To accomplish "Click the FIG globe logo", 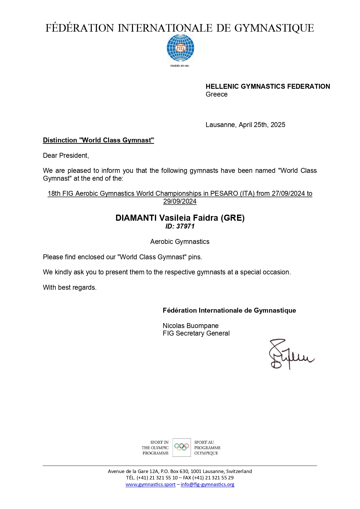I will click(180, 48).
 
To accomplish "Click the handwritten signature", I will click(290, 354).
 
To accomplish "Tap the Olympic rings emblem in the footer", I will click(182, 447).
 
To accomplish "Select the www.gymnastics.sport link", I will click(151, 484).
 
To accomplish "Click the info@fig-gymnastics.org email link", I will click(207, 484).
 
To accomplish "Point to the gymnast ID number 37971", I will click(185, 226).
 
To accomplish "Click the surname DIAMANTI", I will click(136, 218).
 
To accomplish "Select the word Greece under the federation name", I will click(216, 94).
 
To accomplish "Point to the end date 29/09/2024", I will click(180, 201).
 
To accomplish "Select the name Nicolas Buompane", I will click(191, 326).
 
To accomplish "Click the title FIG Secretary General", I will click(196, 333).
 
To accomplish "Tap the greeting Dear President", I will click(66, 155).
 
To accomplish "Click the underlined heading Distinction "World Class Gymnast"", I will click(98, 140).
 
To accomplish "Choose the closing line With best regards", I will click(70, 287).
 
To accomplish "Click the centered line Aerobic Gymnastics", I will click(180, 242).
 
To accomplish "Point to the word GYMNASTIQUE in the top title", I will click(274, 28).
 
